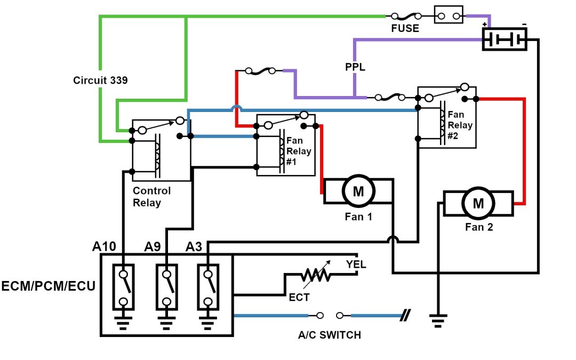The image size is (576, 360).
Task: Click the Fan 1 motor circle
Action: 358,192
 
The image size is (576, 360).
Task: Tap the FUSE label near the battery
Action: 405,29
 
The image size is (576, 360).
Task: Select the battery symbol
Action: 504,39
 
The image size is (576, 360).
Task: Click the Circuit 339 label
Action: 101,81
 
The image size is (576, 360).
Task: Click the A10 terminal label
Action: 105,247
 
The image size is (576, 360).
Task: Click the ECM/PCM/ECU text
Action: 49,286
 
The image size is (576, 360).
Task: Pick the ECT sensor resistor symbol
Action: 315,275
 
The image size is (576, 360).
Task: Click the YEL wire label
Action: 356,265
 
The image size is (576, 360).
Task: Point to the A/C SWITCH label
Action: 329,335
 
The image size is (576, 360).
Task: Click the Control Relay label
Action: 152,196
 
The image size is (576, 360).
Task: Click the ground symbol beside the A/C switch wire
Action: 438,320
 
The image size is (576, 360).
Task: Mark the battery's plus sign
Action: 485,25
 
